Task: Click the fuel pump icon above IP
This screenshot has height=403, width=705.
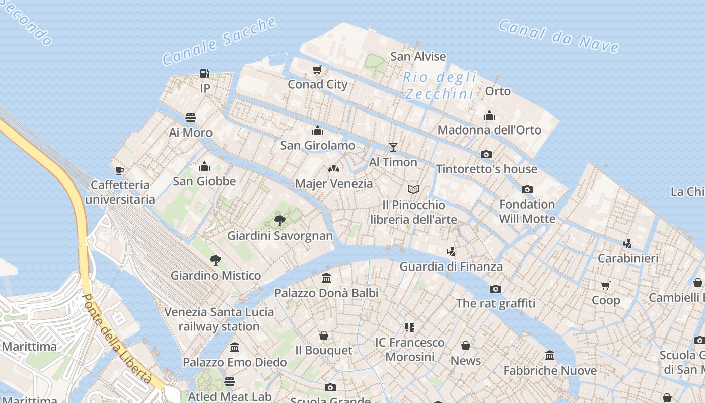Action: coord(204,74)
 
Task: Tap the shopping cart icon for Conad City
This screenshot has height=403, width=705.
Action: coord(317,70)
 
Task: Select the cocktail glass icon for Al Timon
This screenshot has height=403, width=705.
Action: coord(393,147)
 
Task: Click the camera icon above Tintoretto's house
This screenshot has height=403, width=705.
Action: coord(486,154)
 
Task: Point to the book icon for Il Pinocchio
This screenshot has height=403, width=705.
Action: coord(413,190)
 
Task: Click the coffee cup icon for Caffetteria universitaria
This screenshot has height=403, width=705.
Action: coord(120,170)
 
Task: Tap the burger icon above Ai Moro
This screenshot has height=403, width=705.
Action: coord(191,118)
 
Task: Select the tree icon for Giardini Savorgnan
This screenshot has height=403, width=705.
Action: coord(279,220)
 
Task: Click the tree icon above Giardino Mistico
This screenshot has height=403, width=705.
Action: coord(216,260)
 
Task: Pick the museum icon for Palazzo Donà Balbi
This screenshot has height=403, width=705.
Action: coord(326,278)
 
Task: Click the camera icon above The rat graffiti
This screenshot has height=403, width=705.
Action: coord(496,289)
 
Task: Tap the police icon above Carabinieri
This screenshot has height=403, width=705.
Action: coord(627,244)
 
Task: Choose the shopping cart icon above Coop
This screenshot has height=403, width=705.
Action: coord(606,285)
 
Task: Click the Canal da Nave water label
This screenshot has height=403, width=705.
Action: coord(558,36)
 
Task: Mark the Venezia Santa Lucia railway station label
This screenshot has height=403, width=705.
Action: coord(219,319)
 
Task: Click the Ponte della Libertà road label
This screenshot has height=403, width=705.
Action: coord(117,340)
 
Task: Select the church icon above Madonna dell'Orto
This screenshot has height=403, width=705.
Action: coord(489,115)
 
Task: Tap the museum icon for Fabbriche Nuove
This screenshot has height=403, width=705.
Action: coord(550,356)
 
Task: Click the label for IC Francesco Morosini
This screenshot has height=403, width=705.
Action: coord(410,350)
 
